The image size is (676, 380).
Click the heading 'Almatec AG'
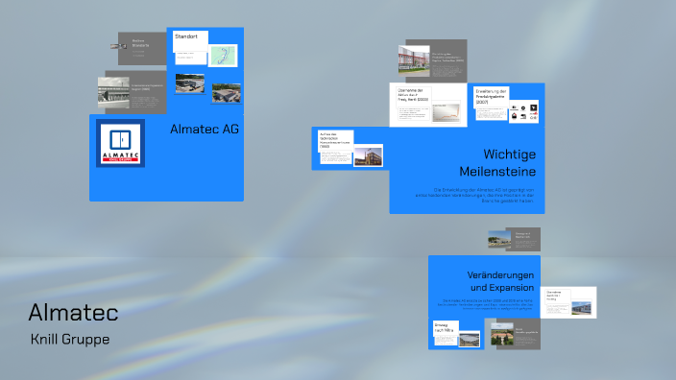click(x=205, y=129)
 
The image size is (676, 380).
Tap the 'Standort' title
click(x=186, y=36)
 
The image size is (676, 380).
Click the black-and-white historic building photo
click(x=112, y=90)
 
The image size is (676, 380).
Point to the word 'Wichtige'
click(x=509, y=154)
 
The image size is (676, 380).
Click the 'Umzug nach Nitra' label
click(x=444, y=328)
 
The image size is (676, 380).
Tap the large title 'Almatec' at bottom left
click(x=73, y=313)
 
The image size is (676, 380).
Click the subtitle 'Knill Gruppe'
click(x=70, y=339)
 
